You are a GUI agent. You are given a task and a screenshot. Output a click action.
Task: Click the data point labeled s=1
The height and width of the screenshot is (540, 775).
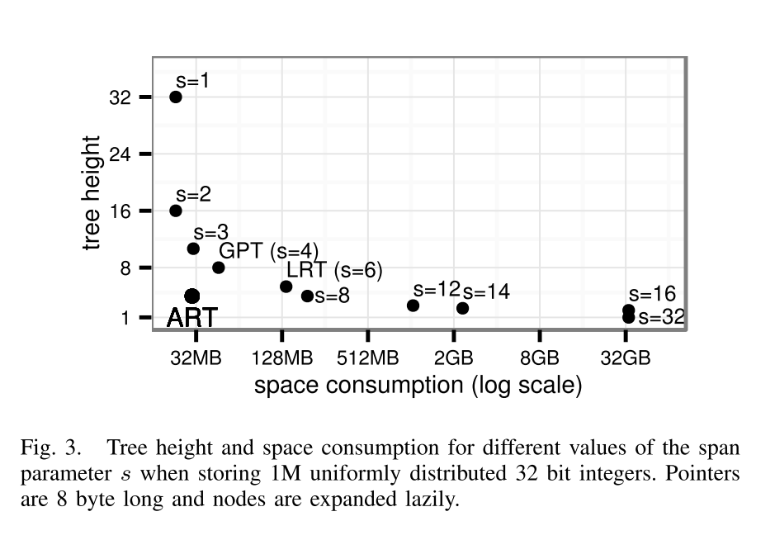[x=176, y=97]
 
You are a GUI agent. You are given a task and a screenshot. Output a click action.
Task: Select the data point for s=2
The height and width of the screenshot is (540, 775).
[x=176, y=211]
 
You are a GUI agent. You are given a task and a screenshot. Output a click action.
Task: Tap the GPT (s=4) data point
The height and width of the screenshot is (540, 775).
[x=219, y=268]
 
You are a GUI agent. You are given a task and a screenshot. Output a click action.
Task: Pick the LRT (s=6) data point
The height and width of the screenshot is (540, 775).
[x=286, y=287]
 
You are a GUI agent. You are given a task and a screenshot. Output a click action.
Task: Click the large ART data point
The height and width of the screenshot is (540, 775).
[x=191, y=296]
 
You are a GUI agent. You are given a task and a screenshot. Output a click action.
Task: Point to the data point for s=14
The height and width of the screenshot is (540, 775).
[x=462, y=308]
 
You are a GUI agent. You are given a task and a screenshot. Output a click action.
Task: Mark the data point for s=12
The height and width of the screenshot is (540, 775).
[x=413, y=306]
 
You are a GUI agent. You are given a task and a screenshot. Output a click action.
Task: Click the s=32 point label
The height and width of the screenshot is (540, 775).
[x=661, y=318]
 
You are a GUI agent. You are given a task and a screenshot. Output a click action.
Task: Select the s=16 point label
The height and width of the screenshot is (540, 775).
[x=652, y=294]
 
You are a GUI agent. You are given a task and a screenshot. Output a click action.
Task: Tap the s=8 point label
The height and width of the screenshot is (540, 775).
[x=332, y=296]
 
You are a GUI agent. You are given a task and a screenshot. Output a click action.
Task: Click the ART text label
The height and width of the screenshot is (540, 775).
[x=191, y=317]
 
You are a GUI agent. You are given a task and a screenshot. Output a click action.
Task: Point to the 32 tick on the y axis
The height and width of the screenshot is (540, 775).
[x=121, y=97]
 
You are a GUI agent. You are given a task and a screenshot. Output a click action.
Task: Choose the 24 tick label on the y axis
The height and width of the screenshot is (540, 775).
[x=121, y=154]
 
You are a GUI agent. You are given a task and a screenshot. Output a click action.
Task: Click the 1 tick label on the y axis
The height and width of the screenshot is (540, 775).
[x=125, y=318]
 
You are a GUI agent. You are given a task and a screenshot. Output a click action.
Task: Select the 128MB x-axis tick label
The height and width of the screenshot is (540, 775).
[x=282, y=358]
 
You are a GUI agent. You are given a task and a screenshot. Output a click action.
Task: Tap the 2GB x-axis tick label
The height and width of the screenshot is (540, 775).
[x=454, y=358]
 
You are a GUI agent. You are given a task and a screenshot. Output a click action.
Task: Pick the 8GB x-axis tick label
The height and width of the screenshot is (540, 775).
[x=540, y=358]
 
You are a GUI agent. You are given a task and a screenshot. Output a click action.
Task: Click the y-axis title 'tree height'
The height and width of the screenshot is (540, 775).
[x=92, y=193]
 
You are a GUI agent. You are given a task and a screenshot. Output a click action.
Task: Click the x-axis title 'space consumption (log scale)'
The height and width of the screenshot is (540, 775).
[x=418, y=386]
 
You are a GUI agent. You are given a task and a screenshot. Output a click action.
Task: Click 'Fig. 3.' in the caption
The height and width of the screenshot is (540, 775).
[x=51, y=448]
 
